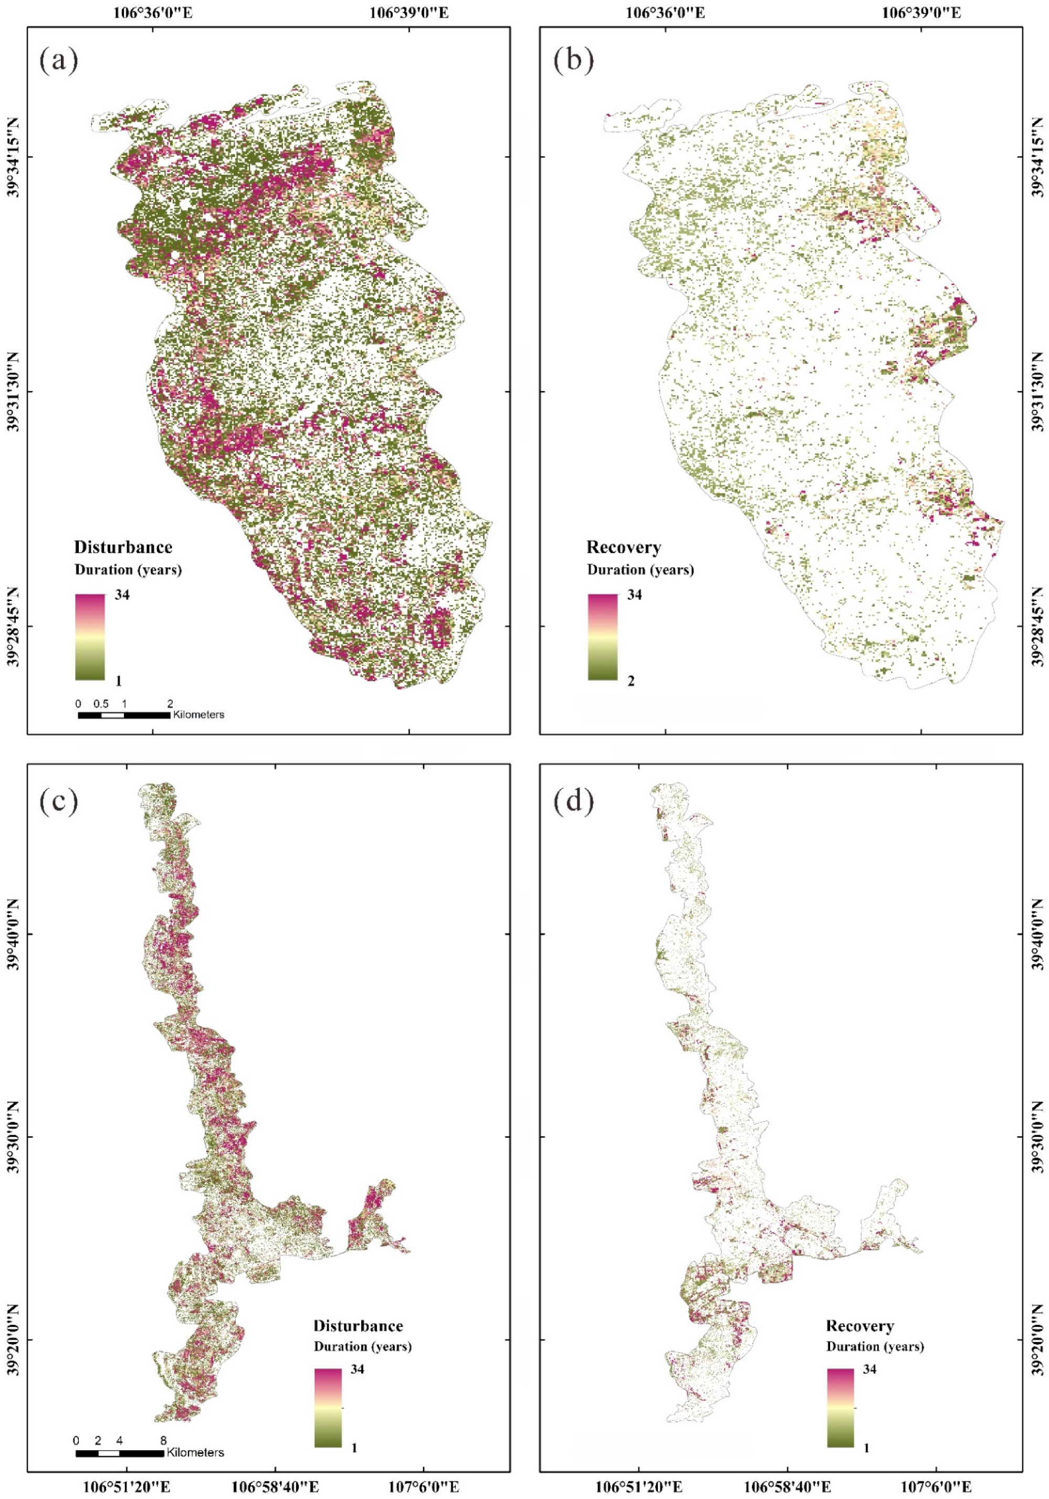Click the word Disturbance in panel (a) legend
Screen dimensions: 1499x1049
coord(123,547)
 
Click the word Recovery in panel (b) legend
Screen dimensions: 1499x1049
coord(624,547)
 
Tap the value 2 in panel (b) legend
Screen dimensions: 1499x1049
coord(631,681)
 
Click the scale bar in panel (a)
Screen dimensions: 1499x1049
coord(124,715)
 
